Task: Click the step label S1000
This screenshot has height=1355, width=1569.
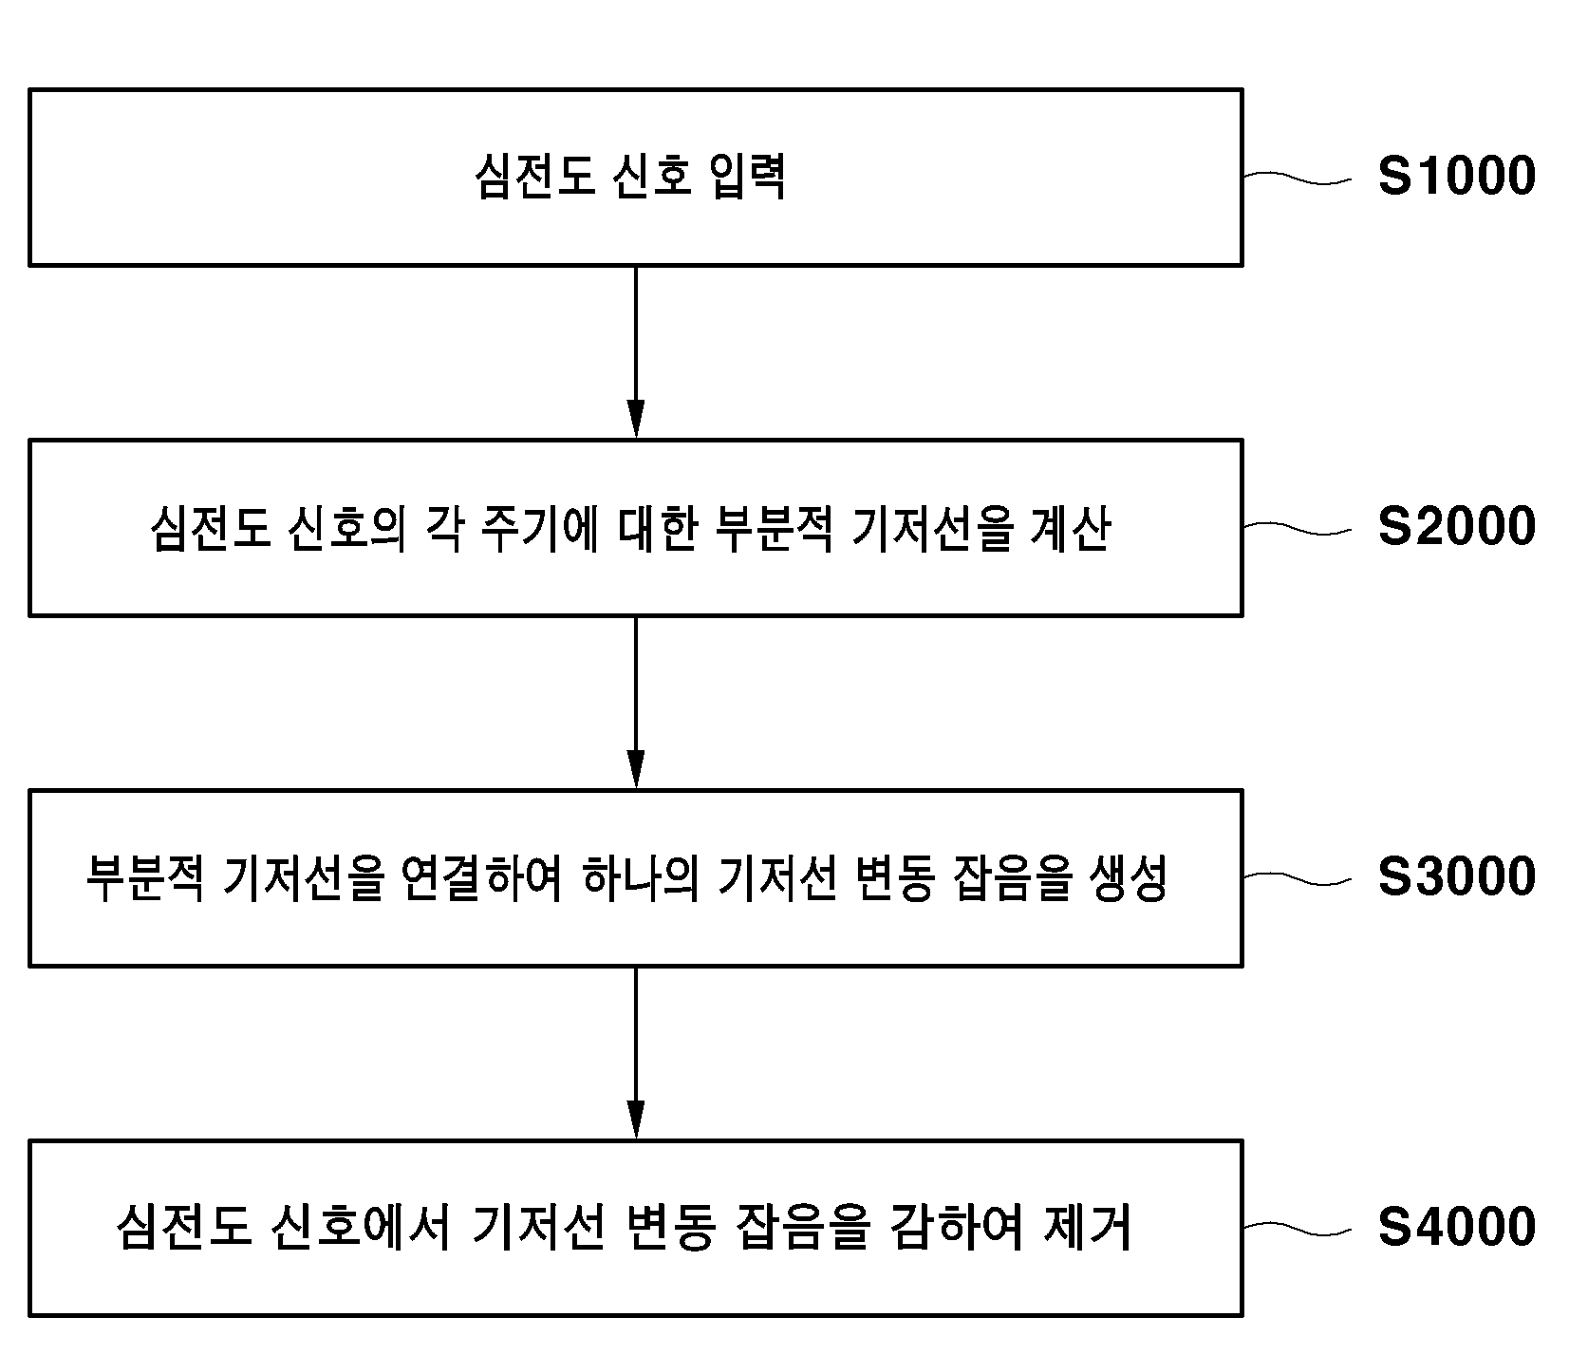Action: [x=1456, y=177]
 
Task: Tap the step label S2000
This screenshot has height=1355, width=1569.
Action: [x=1456, y=527]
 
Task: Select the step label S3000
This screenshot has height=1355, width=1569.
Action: [x=1456, y=876]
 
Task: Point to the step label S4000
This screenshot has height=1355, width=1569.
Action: [x=1456, y=1227]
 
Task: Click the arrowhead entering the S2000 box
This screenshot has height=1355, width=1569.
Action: [x=636, y=419]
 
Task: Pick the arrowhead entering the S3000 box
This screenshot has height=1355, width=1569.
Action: [x=636, y=769]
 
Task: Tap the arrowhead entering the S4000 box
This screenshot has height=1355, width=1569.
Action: [x=636, y=1120]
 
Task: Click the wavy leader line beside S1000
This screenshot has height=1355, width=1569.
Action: [x=1297, y=178]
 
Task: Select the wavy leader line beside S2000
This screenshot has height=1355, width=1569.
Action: [x=1297, y=528]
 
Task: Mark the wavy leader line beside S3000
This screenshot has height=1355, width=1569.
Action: [x=1297, y=877]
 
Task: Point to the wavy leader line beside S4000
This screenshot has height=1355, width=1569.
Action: [x=1297, y=1228]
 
